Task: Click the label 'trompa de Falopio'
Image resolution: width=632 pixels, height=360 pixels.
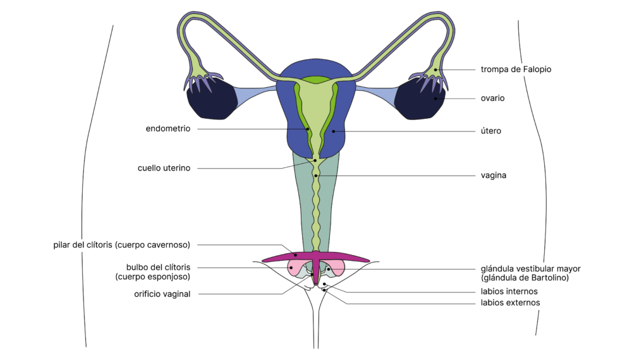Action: [x=516, y=69]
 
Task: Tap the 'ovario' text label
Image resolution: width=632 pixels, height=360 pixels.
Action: [x=492, y=99]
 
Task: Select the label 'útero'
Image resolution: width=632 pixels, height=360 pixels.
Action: [x=491, y=131]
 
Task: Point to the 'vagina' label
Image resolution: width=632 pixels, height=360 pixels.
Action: [x=494, y=176]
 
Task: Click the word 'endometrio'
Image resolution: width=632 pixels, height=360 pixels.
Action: [x=167, y=129]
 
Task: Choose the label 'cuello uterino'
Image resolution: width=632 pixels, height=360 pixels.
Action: [x=164, y=168]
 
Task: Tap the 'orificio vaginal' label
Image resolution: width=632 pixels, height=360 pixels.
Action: [x=162, y=294]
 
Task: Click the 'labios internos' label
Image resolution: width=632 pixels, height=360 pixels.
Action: [x=509, y=292]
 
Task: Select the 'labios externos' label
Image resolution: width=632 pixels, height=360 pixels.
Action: [x=510, y=303]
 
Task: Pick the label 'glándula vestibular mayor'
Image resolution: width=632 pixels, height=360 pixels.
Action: [x=530, y=268]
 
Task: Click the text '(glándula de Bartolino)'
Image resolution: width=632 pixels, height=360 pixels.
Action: [x=525, y=278]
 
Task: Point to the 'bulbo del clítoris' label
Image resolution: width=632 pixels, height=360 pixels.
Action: [x=158, y=267]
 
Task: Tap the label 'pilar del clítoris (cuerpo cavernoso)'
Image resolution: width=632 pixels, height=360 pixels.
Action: [x=122, y=245]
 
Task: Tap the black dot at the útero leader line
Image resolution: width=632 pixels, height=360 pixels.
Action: [x=334, y=131]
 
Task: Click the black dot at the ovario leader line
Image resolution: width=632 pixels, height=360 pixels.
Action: [x=435, y=99]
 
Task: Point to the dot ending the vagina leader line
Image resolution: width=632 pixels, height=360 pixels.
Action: [x=315, y=176]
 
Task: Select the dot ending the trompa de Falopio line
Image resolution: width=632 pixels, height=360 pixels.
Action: [x=436, y=69]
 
